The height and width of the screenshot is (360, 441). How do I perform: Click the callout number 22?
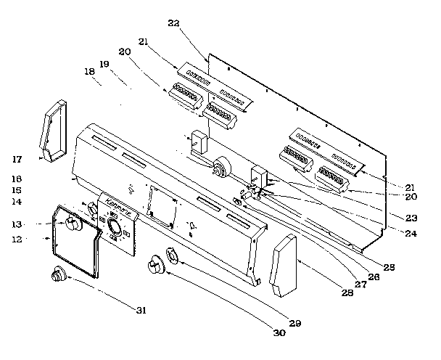pyautogui.click(x=173, y=23)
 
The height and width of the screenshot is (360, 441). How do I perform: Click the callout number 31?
pyautogui.click(x=141, y=310)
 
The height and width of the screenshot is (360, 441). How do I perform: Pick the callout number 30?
pyautogui.click(x=279, y=333)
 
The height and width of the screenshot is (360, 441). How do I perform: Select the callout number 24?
pyautogui.click(x=411, y=234)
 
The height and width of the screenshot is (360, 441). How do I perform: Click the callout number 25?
pyautogui.click(x=389, y=267)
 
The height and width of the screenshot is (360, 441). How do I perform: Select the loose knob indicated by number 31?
pyautogui.click(x=57, y=275)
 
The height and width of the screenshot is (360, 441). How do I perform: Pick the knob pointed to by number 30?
pyautogui.click(x=154, y=266)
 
